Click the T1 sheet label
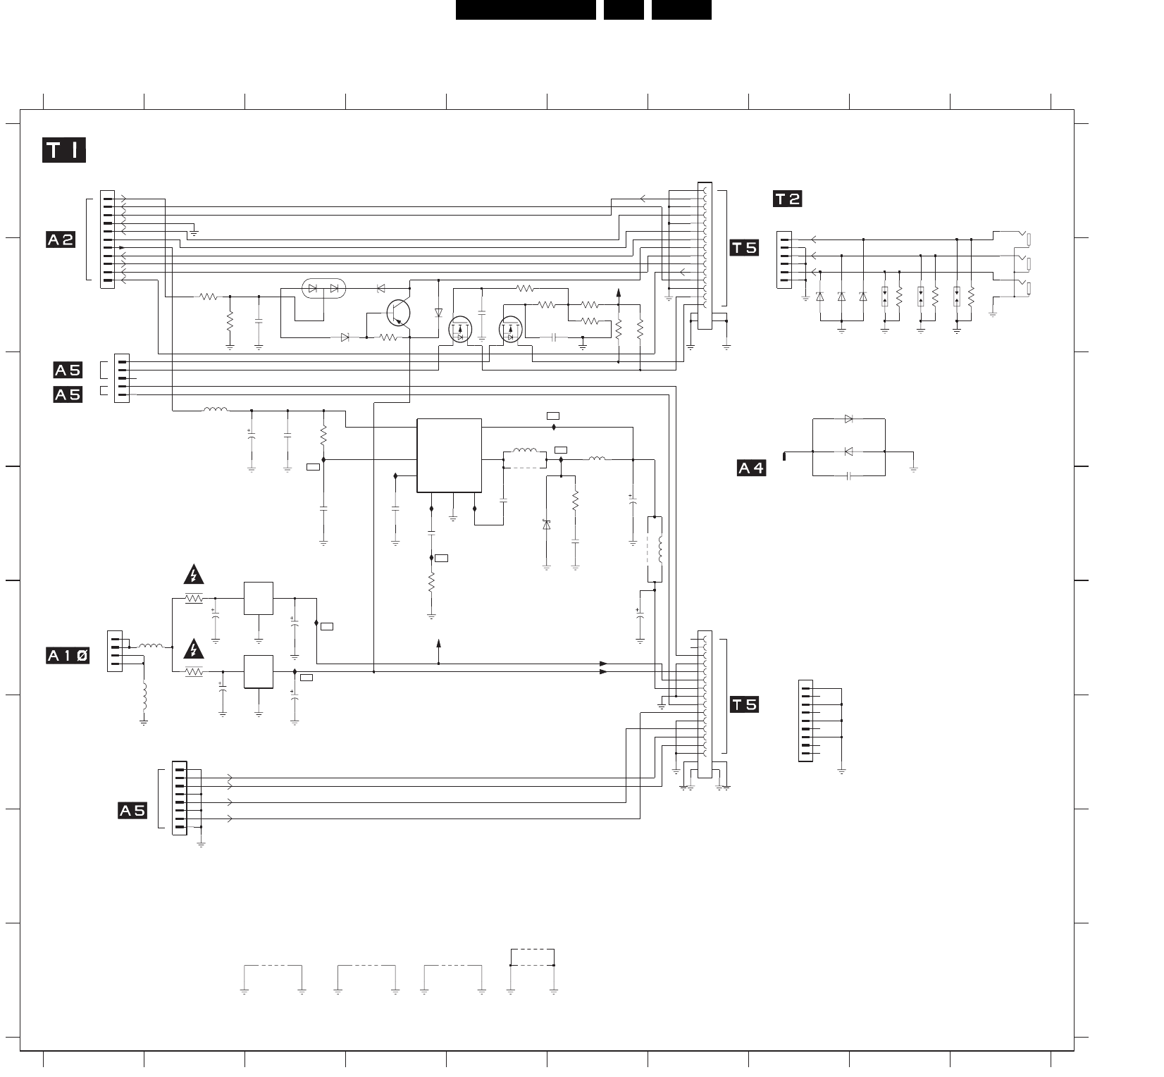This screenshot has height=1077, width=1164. click(x=64, y=151)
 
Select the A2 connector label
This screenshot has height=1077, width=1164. click(x=61, y=239)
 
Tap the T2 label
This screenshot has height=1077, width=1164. click(x=788, y=199)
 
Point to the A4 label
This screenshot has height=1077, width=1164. click(x=751, y=468)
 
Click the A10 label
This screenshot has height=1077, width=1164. click(x=68, y=656)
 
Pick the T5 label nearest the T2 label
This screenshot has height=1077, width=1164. click(x=744, y=247)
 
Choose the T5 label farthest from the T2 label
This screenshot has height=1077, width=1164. click(x=744, y=704)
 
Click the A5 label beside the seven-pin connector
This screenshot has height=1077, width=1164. click(x=132, y=811)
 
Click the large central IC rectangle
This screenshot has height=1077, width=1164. click(x=449, y=456)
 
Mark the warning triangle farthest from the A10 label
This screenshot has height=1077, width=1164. click(x=194, y=575)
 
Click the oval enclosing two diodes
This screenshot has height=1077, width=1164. click(x=323, y=288)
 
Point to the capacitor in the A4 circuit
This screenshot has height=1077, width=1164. click(x=849, y=476)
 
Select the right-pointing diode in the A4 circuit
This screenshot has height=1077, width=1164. click(x=848, y=419)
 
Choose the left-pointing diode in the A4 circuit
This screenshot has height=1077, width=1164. click(x=848, y=452)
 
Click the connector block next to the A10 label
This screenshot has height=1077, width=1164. click(x=115, y=651)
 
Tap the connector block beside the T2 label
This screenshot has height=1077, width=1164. click(x=784, y=260)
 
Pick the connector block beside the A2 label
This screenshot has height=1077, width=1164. click(x=107, y=239)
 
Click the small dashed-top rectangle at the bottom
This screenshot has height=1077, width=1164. click(x=532, y=958)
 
